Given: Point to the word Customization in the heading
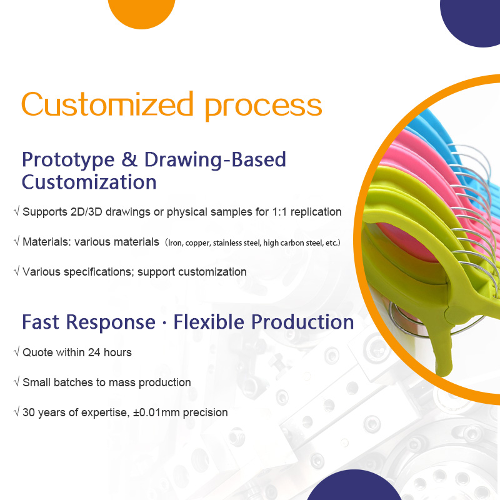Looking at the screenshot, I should tap(89, 182).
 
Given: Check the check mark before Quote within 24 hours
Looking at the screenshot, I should tap(16, 352).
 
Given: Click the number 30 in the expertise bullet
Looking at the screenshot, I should tap(29, 412).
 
